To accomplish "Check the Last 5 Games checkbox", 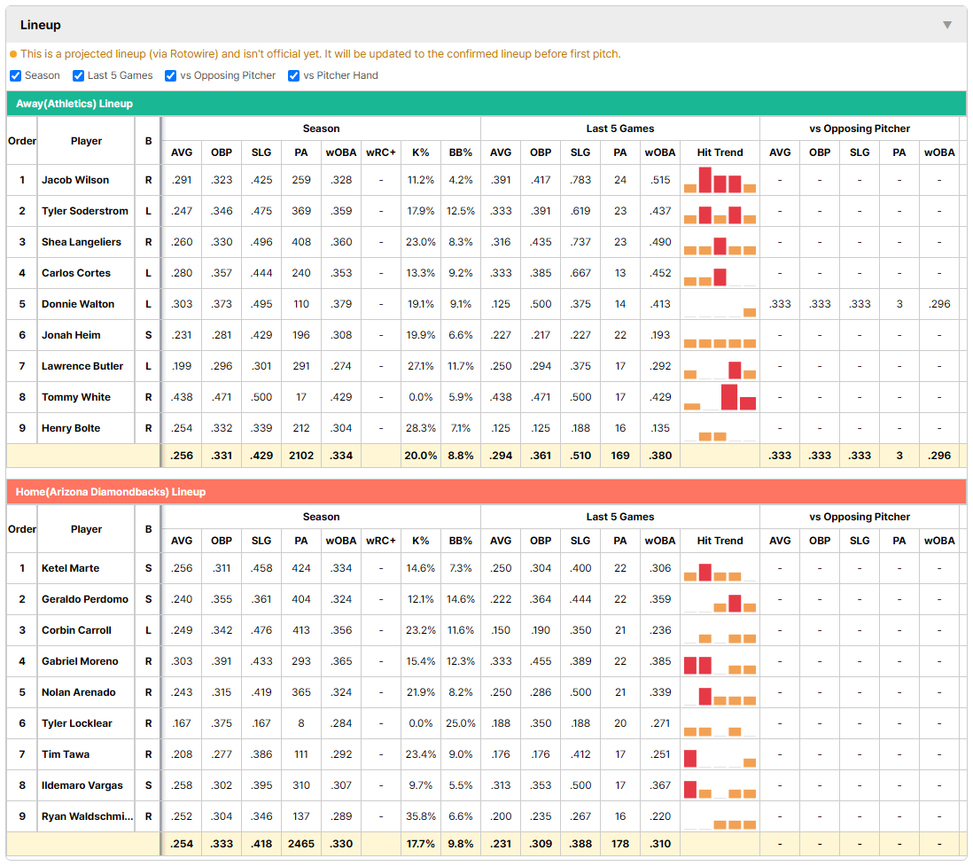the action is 78,75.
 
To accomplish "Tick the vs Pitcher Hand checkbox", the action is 293,75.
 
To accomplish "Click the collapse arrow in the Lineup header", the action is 947,25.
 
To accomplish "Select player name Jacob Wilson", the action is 75,180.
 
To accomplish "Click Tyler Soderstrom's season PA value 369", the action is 301,211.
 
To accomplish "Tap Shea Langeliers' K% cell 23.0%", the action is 420,242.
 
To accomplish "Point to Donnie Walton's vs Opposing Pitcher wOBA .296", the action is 938,304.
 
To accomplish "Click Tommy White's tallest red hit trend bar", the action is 729,397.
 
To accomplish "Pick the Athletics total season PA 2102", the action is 301,456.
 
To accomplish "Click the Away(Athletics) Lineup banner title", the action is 74,104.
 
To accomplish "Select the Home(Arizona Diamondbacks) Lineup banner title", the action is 111,492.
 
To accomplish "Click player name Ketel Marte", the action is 70,568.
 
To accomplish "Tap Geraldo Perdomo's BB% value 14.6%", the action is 461,599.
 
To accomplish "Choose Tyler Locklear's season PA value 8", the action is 301,723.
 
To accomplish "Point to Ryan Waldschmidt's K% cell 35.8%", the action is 420,816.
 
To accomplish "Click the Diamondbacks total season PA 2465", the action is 301,844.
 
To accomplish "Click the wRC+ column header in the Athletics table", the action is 380,152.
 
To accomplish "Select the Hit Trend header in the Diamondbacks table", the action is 720,541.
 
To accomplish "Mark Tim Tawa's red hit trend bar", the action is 690,759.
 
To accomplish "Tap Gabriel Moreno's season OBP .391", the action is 222,661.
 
